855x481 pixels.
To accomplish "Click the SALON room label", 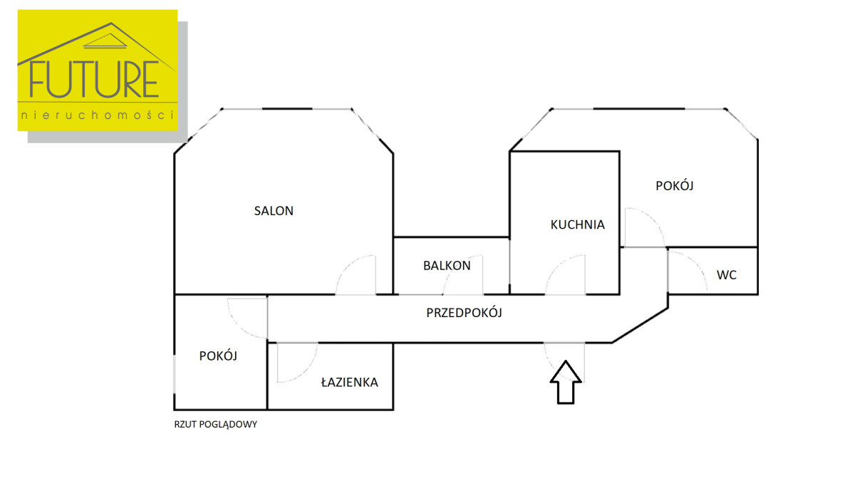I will [x=274, y=211].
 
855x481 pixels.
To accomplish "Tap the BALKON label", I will [x=447, y=266].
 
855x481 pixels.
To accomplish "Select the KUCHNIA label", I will [x=577, y=224].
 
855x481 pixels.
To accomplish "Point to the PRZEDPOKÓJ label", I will [x=465, y=312].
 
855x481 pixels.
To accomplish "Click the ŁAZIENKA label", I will [x=349, y=383].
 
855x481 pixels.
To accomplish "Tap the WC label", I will [x=727, y=275].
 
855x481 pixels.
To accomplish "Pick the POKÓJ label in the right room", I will [x=675, y=186].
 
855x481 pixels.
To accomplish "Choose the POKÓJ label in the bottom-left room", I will [x=218, y=356].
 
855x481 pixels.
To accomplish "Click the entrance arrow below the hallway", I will [x=565, y=382].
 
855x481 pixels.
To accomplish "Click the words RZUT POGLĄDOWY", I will [x=215, y=424].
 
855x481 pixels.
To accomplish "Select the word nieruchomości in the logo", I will [x=98, y=115].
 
